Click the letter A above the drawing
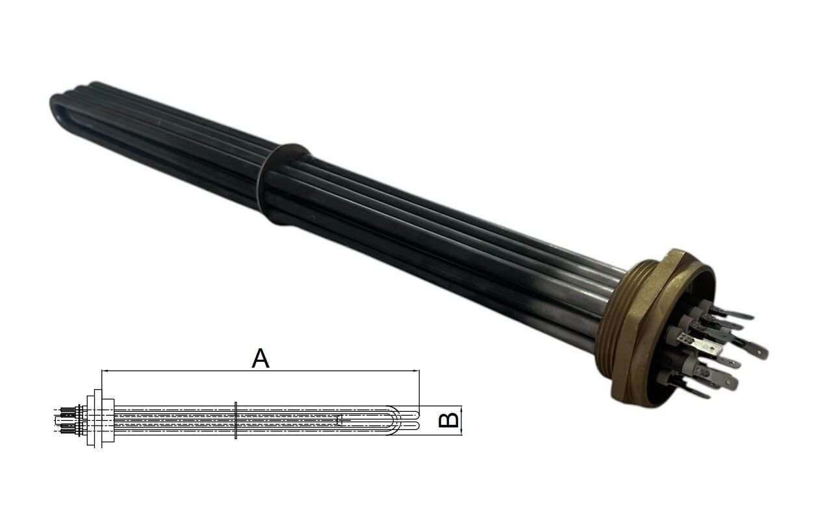(260, 357)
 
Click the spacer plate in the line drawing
(235, 420)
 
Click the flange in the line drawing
(97, 419)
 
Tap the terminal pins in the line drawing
(65, 419)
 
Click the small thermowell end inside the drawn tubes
(340, 421)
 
